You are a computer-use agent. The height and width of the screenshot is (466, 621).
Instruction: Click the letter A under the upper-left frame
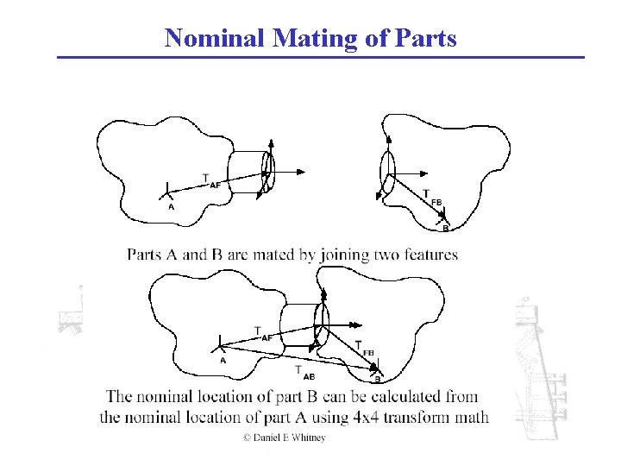(171, 207)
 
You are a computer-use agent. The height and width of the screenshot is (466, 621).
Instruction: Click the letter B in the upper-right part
(445, 229)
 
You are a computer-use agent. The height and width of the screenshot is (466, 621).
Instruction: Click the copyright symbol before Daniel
(247, 438)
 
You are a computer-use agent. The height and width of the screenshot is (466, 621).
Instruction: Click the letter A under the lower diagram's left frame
(223, 361)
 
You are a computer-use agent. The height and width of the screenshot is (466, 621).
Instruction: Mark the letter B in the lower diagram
(377, 379)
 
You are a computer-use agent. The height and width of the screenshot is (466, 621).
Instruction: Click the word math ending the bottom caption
(471, 418)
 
